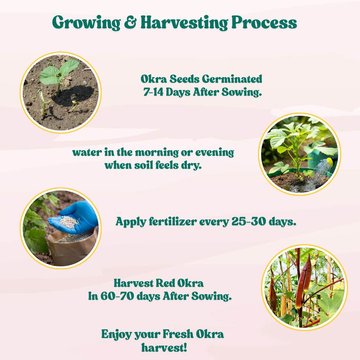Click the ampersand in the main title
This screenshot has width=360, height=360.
pyautogui.click(x=130, y=22)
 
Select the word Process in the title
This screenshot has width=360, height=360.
pyautogui.click(x=264, y=22)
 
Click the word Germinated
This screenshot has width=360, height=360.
pyautogui.click(x=232, y=79)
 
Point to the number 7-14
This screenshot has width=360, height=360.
pyautogui.click(x=153, y=92)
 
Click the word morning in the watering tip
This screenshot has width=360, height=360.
pyautogui.click(x=157, y=153)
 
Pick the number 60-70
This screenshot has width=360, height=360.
pyautogui.click(x=117, y=296)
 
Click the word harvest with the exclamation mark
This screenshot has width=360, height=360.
pyautogui.click(x=164, y=347)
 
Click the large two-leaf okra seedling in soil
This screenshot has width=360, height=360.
pyautogui.click(x=59, y=73)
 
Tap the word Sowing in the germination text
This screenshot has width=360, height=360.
pyautogui.click(x=242, y=92)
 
